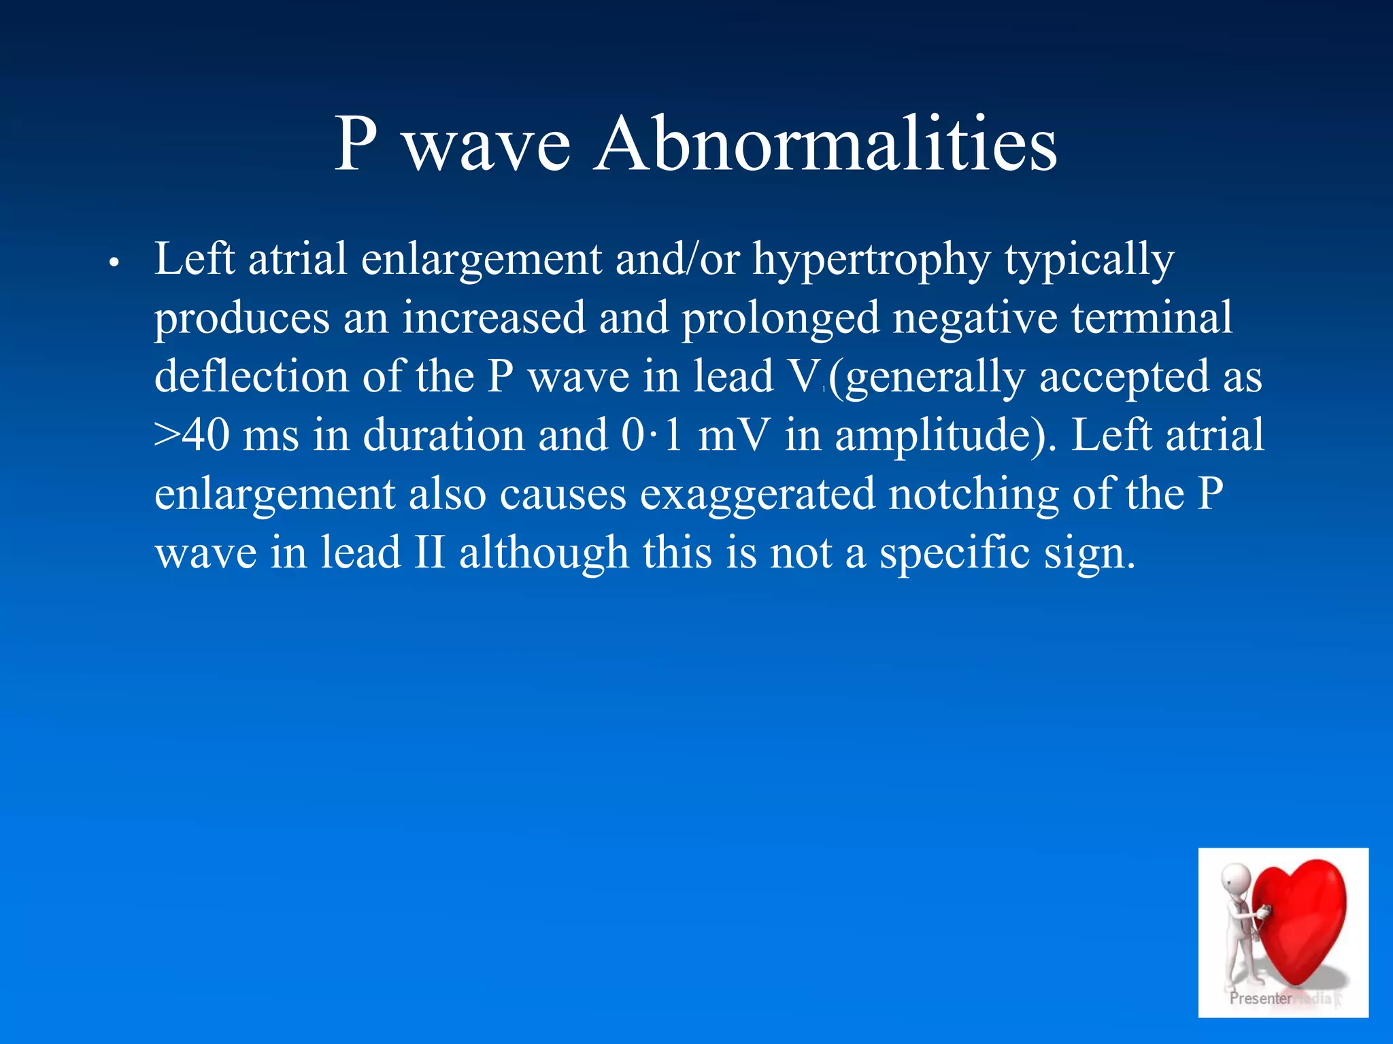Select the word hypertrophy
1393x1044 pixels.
(x=871, y=260)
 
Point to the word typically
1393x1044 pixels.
(x=1089, y=260)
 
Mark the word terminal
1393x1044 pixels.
(x=1152, y=318)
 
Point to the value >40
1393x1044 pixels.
(x=192, y=436)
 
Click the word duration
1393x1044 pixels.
(x=443, y=436)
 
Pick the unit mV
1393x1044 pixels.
(x=734, y=436)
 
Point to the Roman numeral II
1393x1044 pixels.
(x=429, y=553)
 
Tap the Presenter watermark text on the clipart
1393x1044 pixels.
(x=1260, y=998)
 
